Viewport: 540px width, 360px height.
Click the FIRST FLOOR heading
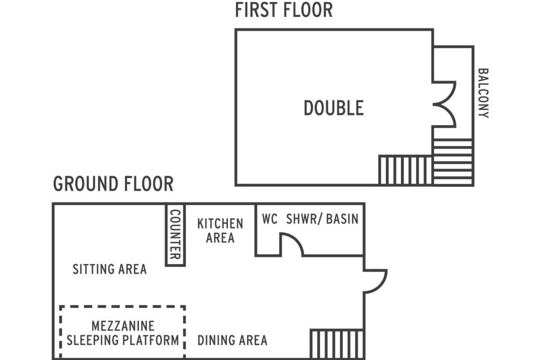[x=284, y=10]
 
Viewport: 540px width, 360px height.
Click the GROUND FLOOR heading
[x=113, y=184]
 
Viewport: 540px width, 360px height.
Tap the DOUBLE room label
[x=333, y=108]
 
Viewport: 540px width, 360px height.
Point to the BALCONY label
[x=483, y=93]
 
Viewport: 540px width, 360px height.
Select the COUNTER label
[x=175, y=234]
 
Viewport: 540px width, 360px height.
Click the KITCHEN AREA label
[x=220, y=231]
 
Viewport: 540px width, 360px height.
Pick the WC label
[x=269, y=219]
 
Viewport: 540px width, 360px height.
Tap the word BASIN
[x=342, y=219]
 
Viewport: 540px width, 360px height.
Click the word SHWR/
[x=304, y=219]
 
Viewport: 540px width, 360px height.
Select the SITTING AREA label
[x=109, y=269]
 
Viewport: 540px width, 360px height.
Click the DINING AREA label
[x=232, y=340]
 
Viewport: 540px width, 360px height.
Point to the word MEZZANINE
[x=123, y=326]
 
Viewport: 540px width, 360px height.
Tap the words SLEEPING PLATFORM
[x=122, y=340]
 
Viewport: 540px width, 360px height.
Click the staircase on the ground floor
[x=337, y=344]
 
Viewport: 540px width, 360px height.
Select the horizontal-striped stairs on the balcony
[x=452, y=161]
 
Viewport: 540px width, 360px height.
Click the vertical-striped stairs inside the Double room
[x=405, y=170]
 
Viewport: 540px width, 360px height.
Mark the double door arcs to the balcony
[x=455, y=104]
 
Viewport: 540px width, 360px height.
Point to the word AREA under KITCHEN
[x=220, y=237]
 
